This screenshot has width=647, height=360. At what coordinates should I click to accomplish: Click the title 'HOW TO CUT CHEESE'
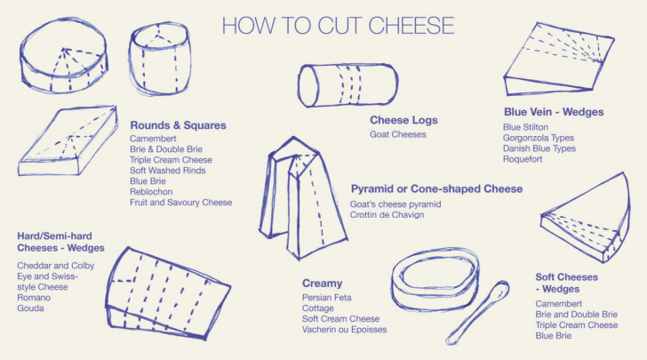point(338,26)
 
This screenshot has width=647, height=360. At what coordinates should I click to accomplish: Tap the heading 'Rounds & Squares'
point(179,125)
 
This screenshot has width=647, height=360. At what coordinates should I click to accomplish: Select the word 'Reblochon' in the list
point(151,192)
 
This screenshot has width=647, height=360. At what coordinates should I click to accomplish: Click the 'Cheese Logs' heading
point(403,120)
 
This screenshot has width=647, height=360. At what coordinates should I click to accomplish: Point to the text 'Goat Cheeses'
point(398,134)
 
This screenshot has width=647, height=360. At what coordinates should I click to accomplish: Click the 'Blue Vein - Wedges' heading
point(554,112)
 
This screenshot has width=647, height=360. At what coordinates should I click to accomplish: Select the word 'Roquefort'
point(523,159)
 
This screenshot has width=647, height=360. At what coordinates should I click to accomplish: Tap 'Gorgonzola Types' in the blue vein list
point(538,138)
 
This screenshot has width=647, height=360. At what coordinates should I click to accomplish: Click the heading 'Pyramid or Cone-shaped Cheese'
point(436,189)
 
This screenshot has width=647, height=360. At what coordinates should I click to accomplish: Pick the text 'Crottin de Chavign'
point(387,215)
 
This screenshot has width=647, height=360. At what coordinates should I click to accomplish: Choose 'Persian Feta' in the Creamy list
point(326,298)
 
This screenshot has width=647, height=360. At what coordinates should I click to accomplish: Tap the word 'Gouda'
point(30,308)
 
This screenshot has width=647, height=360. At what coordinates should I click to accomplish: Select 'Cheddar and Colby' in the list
point(56,266)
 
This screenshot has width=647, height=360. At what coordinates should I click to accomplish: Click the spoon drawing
point(478,313)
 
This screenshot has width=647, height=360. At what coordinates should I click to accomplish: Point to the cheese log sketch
point(347,85)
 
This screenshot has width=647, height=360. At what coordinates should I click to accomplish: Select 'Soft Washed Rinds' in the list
point(167,171)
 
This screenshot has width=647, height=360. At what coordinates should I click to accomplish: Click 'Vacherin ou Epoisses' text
point(344,330)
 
